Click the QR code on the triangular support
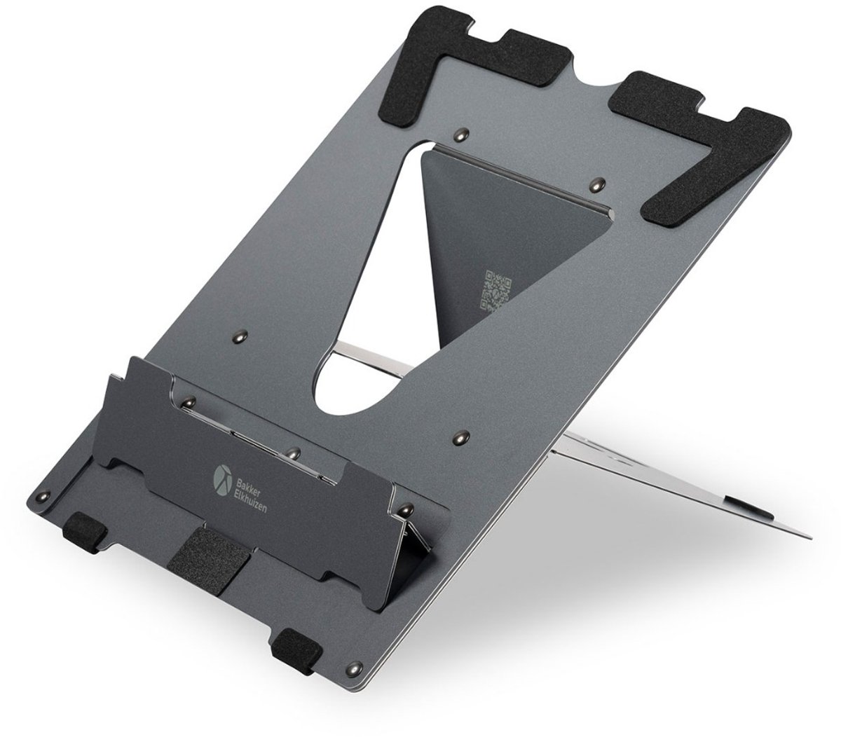pos(495,290)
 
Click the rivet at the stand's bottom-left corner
pos(44,496)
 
